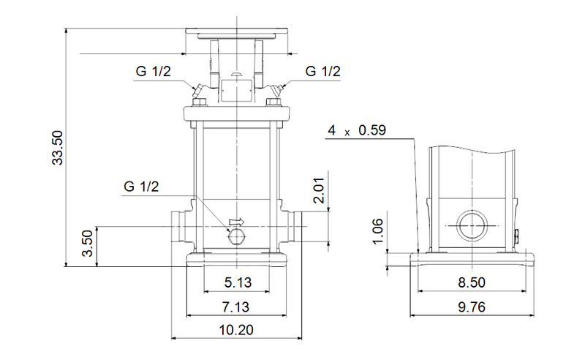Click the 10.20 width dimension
pyautogui.click(x=235, y=330)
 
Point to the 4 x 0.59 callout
pyautogui.click(x=356, y=131)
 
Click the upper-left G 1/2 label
pyautogui.click(x=153, y=72)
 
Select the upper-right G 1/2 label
pyautogui.click(x=322, y=72)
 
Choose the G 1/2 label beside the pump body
pyautogui.click(x=141, y=187)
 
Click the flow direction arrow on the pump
pyautogui.click(x=236, y=221)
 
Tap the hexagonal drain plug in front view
pyautogui.click(x=235, y=235)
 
